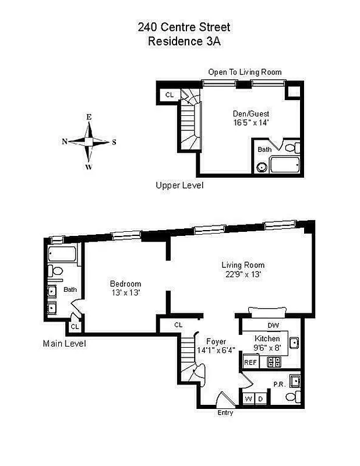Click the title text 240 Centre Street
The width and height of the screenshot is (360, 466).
tap(183, 27)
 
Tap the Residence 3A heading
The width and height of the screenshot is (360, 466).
tap(183, 41)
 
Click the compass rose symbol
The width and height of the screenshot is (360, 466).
tap(89, 141)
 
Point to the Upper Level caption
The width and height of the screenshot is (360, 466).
tap(179, 185)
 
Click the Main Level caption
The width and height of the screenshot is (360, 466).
tap(64, 344)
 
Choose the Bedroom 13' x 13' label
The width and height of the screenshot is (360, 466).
tap(126, 288)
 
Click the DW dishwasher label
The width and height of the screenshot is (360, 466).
tap(273, 326)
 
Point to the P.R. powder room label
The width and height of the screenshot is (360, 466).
tap(279, 384)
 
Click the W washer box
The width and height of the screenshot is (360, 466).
tap(249, 399)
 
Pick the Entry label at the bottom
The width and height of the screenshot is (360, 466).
tap(225, 413)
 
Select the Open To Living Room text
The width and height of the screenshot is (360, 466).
tap(245, 72)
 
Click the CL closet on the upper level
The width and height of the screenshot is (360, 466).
tap(170, 94)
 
